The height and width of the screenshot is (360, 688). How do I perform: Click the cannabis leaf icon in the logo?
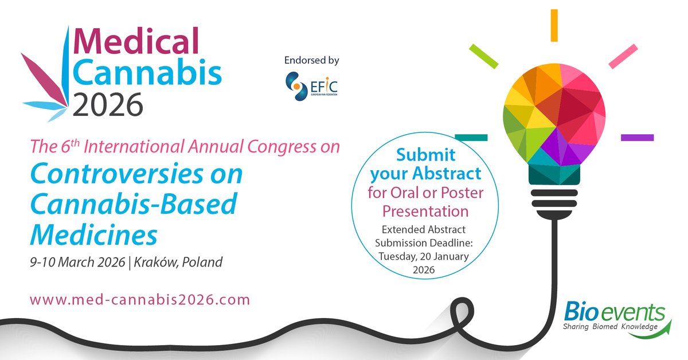tap(48, 86)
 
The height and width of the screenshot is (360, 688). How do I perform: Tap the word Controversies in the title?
tap(136, 174)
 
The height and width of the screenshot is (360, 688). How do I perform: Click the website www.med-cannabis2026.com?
tap(140, 299)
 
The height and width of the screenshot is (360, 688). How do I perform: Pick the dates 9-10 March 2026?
tap(77, 263)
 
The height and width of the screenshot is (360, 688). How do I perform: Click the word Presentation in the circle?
tap(425, 211)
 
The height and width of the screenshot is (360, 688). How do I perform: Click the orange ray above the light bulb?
tap(554, 26)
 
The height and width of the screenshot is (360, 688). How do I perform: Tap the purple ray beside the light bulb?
tap(637, 138)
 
